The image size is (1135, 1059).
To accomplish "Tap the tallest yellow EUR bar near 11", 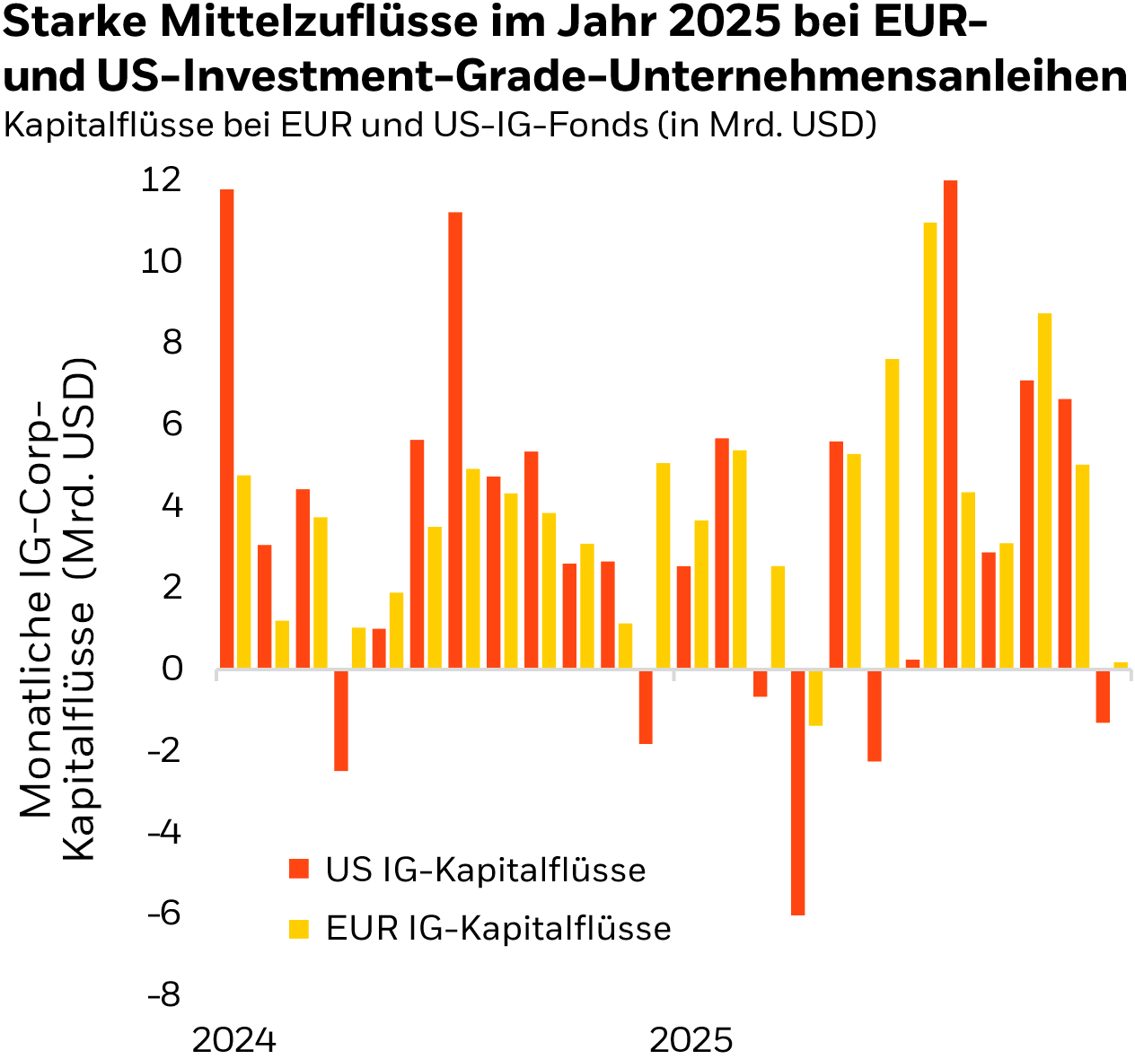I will point(930,445).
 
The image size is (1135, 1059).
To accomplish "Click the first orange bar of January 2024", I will point(226,429).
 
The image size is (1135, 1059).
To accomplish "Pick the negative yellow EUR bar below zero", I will point(815,697).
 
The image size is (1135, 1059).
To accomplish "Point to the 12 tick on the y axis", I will point(161,180).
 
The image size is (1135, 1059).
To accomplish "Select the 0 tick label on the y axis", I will point(172,670).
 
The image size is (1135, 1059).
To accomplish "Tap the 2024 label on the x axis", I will point(234,1040).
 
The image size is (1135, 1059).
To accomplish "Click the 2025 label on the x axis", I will point(691,1040).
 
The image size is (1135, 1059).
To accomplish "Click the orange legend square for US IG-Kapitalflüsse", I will point(298,870).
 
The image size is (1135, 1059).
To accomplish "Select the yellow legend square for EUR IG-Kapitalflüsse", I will point(298,928).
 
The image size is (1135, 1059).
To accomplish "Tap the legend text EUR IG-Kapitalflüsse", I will point(498,928).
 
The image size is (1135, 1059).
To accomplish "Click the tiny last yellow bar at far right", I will point(1120,665).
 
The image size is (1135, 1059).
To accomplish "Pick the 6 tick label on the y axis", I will point(172,424).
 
